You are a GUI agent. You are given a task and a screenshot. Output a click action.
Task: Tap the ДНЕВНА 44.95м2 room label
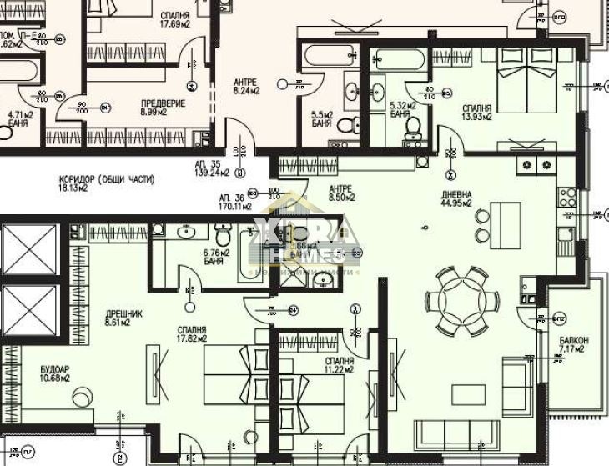(x=457, y=198)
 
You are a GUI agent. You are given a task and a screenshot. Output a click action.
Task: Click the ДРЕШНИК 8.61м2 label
(x=123, y=318)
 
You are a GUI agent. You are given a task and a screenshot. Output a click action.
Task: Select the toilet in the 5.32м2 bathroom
(x=412, y=126)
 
